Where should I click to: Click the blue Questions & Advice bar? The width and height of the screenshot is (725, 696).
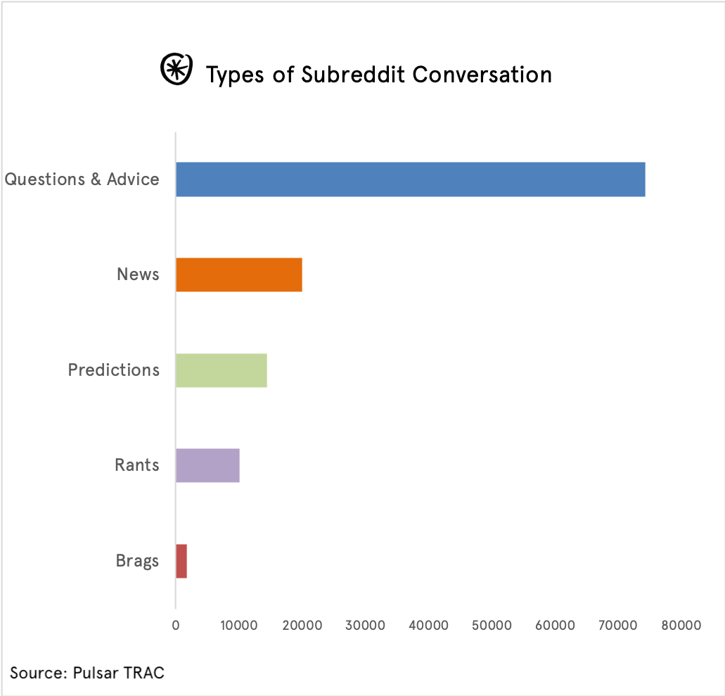click(410, 179)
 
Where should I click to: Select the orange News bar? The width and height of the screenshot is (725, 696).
click(239, 274)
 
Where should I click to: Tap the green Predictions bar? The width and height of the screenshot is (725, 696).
click(222, 370)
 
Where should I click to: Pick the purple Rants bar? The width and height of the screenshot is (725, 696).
click(207, 465)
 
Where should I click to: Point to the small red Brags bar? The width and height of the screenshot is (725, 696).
click(181, 561)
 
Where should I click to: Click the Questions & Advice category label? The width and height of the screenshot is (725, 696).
click(82, 179)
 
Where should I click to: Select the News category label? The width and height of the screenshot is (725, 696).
click(138, 274)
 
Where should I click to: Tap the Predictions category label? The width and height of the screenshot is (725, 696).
click(114, 370)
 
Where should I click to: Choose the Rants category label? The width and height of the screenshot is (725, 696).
click(137, 465)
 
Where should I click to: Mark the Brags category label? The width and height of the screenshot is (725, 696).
click(137, 562)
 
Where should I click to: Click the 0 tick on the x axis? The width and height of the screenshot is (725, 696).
click(176, 625)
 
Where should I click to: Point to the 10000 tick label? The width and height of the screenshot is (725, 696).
click(238, 625)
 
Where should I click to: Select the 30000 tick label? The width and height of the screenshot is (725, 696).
click(365, 625)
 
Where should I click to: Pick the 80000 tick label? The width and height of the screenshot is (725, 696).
click(681, 625)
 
